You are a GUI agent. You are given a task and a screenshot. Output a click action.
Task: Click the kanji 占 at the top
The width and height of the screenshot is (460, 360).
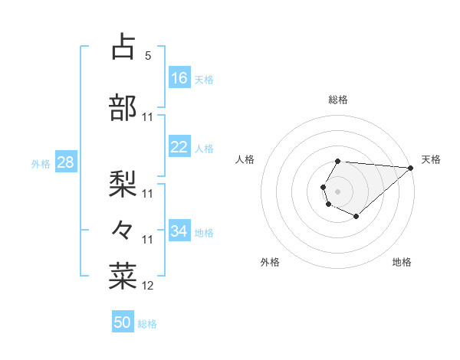pos(123,47)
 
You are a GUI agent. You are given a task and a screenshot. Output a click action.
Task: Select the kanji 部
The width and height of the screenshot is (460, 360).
pos(123,108)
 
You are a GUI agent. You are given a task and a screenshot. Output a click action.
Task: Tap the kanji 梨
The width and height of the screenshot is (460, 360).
pos(123,182)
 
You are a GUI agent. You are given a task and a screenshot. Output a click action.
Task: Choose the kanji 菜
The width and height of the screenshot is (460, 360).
pos(123,275)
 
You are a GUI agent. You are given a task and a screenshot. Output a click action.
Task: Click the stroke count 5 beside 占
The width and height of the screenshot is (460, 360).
pos(148,56)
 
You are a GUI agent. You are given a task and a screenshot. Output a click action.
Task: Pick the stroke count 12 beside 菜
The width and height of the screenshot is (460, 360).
pos(148,286)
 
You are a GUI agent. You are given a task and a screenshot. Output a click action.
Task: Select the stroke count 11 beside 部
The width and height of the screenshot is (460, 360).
pos(148,117)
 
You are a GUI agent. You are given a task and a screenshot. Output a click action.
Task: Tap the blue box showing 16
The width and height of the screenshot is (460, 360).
pos(179,77)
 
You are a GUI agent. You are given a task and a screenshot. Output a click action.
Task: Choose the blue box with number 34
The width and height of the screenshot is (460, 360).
pos(179,231)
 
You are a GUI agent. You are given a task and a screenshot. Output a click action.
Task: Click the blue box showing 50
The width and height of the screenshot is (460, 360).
pos(123,322)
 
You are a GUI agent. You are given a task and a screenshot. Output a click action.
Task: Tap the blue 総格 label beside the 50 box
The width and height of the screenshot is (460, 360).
pos(147,324)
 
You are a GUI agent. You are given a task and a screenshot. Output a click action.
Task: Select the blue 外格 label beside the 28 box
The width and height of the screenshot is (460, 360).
pos(41,163)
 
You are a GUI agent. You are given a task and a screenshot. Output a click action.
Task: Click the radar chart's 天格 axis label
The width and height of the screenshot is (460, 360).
pos(431,159)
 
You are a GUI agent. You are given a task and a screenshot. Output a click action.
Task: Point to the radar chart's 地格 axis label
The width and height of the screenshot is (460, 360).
pos(402,262)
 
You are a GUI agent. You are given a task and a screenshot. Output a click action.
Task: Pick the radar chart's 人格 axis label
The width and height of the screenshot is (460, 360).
pos(245,159)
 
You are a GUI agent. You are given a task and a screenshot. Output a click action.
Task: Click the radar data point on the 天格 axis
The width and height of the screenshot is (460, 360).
pos(410,167)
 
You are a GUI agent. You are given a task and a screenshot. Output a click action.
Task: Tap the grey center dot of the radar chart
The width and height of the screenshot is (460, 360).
pos(337,190)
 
